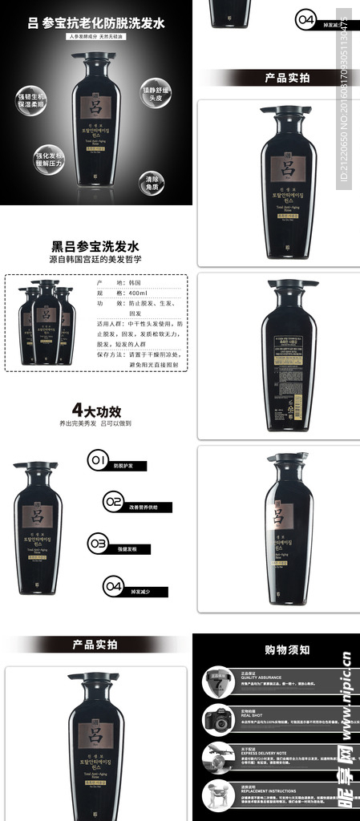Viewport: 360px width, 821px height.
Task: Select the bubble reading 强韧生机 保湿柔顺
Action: pyautogui.click(x=31, y=101)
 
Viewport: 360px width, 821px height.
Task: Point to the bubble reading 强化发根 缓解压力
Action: pyautogui.click(x=48, y=160)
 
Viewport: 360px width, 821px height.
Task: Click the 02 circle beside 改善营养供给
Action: pyautogui.click(x=115, y=503)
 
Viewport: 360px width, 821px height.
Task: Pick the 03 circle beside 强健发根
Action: pyautogui.click(x=98, y=544)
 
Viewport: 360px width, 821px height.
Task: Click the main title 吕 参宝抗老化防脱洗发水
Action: pyautogui.click(x=95, y=23)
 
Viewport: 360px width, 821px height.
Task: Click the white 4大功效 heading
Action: pyautogui.click(x=96, y=410)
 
